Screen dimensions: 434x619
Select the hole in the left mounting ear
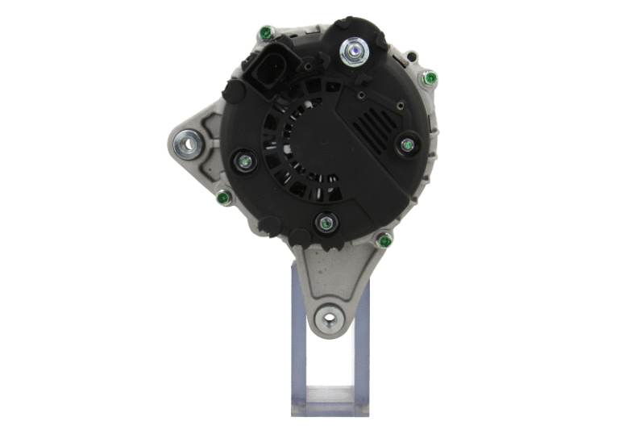click(189, 145)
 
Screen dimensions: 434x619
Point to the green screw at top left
click(265, 34)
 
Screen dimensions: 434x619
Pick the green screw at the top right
click(430, 78)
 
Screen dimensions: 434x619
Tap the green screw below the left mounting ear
click(224, 195)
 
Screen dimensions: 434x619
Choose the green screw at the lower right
click(384, 241)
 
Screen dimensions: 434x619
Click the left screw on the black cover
click(243, 161)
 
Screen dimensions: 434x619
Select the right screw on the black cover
click(407, 145)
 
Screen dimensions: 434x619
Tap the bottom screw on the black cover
click(325, 223)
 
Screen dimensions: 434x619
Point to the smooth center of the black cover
click(322, 145)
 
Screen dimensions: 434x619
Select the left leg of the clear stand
click(297, 347)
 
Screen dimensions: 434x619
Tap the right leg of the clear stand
click(364, 347)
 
